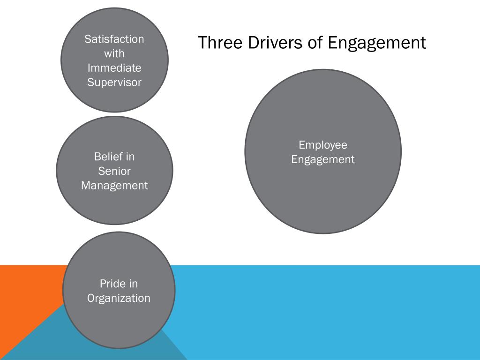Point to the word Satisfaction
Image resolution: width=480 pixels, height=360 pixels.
pos(114,39)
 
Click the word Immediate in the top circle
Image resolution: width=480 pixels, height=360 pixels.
pos(114,68)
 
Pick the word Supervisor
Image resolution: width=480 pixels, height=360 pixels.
pos(114,83)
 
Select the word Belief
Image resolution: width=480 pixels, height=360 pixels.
pos(108,157)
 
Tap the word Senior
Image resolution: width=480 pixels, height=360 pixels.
pos(114,171)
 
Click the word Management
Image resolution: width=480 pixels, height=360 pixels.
pos(114,186)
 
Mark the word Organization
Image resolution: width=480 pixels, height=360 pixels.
pos(119,298)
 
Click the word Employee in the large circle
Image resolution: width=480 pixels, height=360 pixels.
pos(323,145)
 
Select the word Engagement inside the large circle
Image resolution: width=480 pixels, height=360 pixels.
pos(323,160)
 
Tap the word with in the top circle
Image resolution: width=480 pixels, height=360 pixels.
pos(114,53)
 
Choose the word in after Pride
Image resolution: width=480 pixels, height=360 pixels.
pos(134,284)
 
